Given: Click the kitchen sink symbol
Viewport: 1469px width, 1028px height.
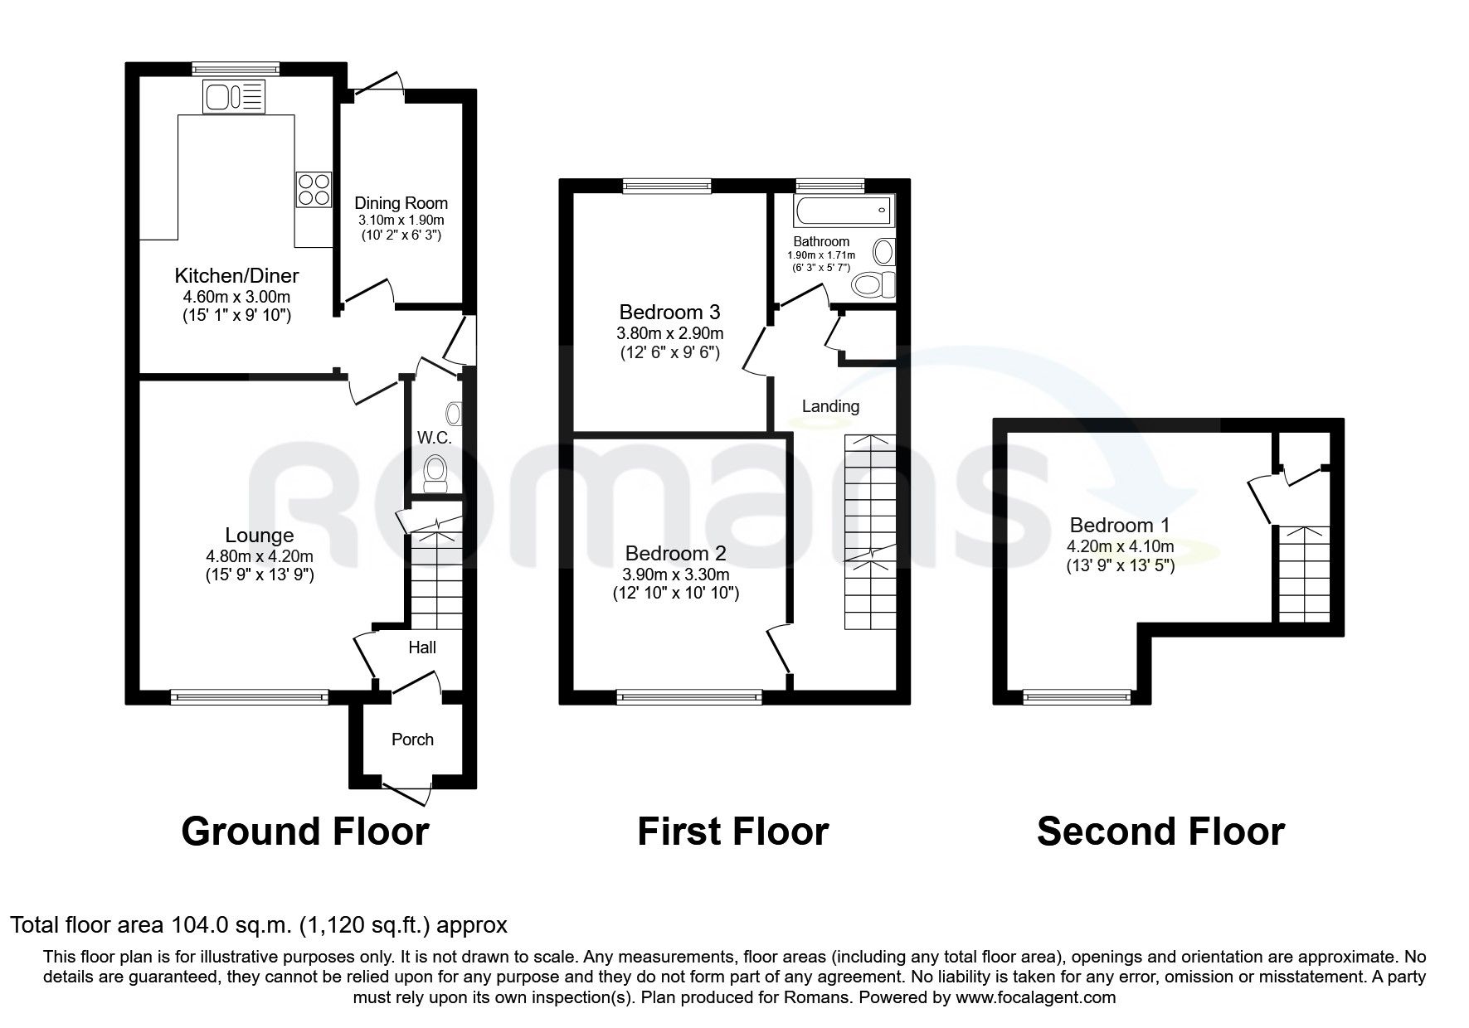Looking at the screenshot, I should (x=234, y=96).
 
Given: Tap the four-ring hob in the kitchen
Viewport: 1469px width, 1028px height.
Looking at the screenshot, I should (x=314, y=188).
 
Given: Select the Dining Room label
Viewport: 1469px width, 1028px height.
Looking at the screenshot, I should (x=401, y=203).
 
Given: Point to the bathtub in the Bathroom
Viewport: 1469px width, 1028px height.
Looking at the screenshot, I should (x=843, y=211).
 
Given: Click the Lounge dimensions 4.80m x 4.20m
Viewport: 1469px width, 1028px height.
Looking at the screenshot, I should (x=260, y=556).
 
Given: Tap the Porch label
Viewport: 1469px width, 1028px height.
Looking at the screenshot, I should (x=412, y=739).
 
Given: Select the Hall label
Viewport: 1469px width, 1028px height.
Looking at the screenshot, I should (x=422, y=647).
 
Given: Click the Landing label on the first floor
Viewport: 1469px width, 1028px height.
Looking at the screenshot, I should (x=830, y=406).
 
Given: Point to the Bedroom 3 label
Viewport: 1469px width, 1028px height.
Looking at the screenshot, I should (x=669, y=313).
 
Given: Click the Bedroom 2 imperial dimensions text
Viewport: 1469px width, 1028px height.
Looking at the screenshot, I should (x=675, y=594).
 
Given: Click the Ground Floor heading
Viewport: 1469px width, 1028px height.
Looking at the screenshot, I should (x=304, y=832).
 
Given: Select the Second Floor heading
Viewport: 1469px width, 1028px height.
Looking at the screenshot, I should (x=1160, y=832).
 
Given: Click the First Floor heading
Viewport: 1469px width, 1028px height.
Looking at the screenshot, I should (x=732, y=832).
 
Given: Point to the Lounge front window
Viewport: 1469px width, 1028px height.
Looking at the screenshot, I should (x=249, y=698).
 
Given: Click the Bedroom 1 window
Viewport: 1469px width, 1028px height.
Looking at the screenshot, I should (x=1077, y=698).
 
